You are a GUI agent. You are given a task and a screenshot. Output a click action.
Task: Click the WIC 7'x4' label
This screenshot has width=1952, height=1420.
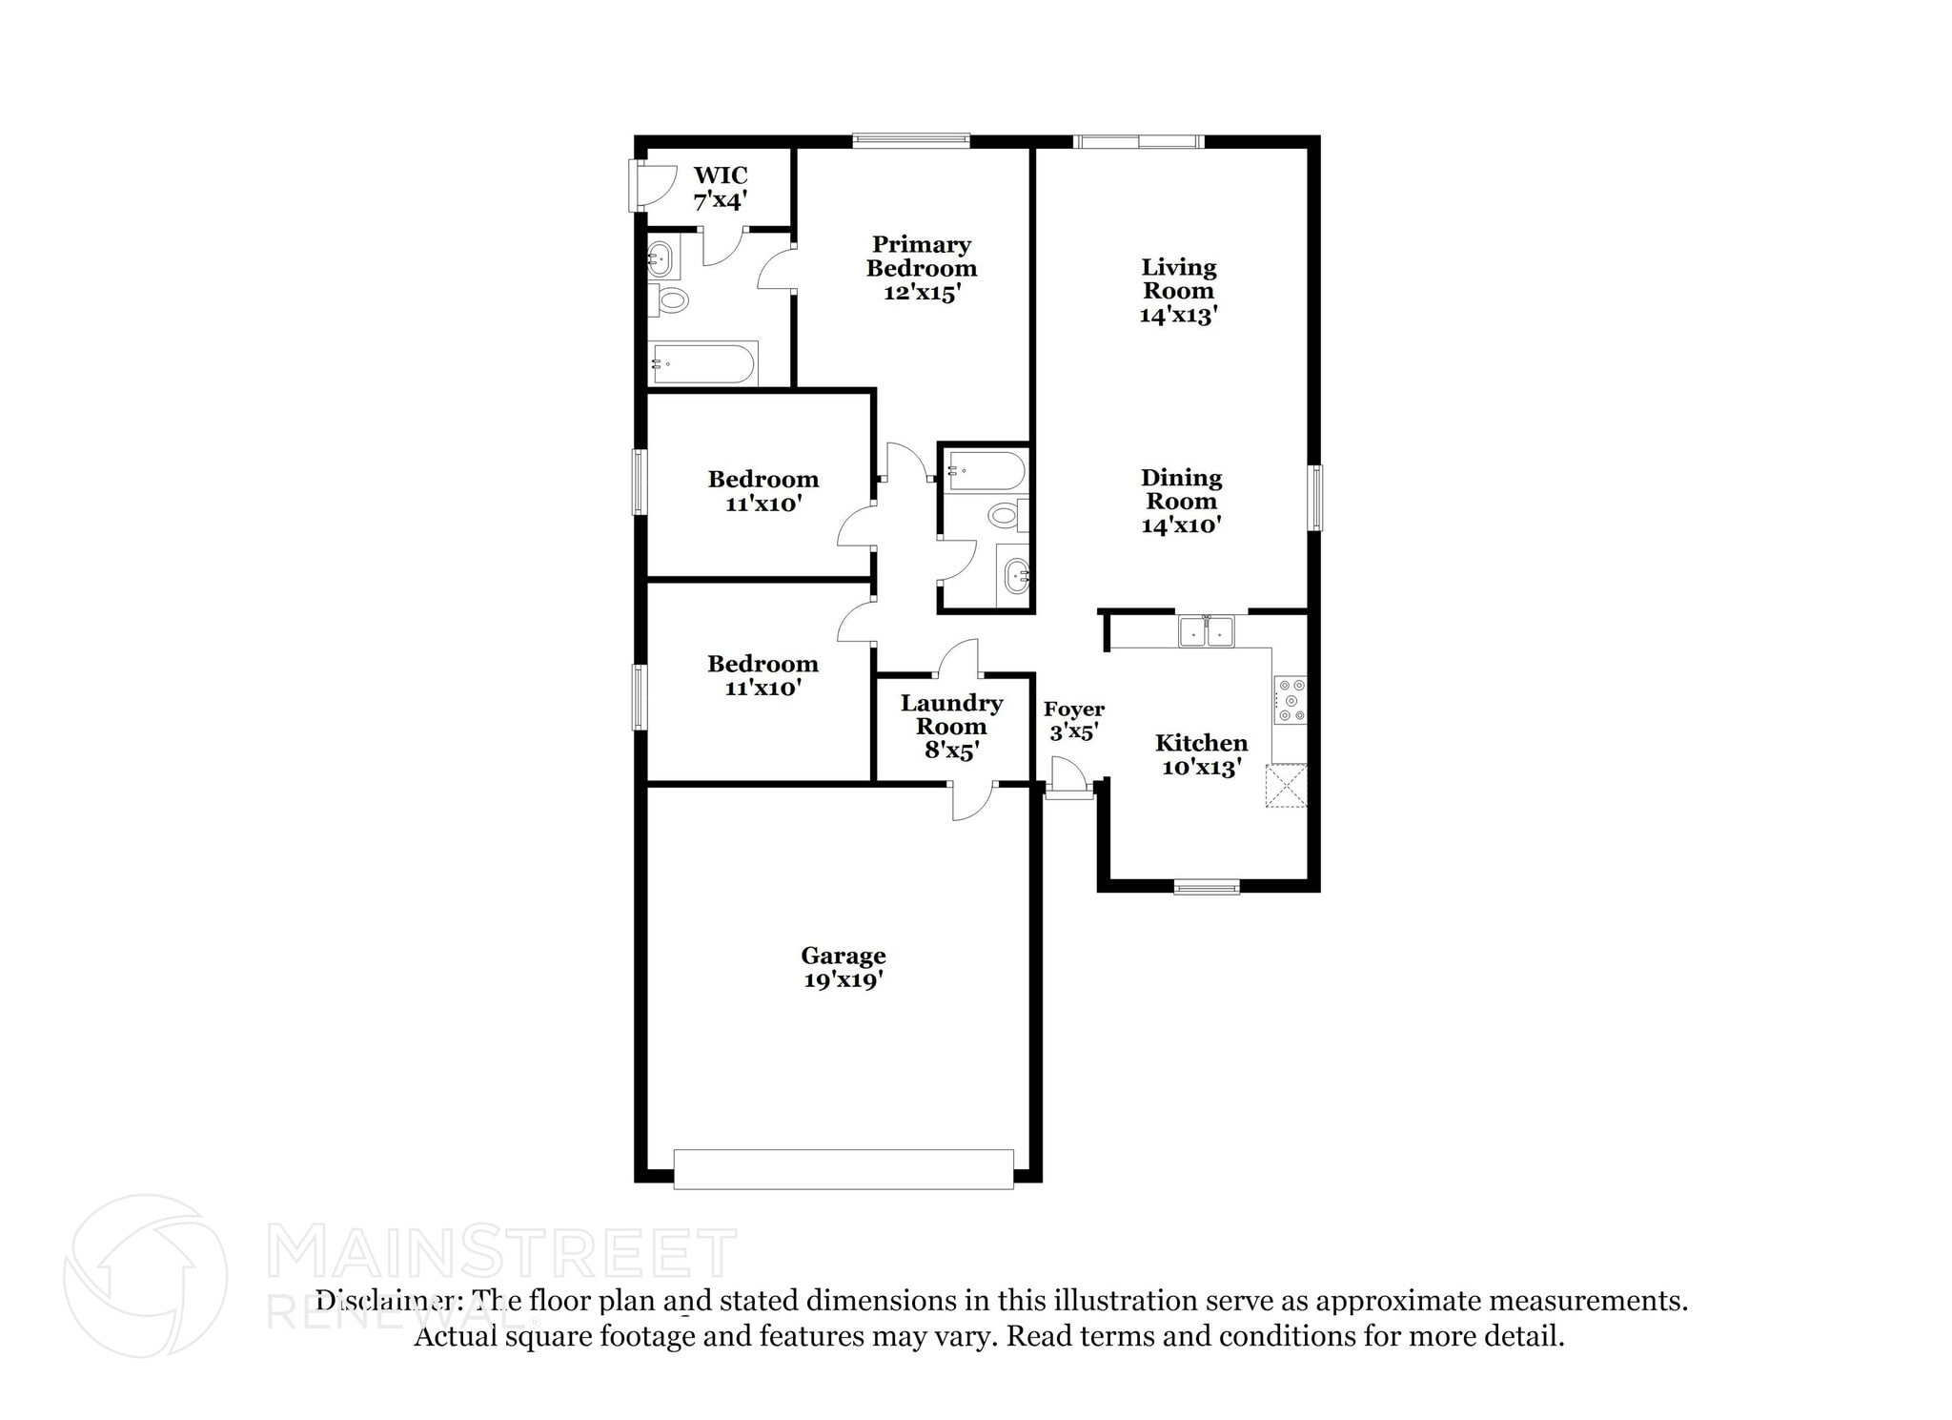(x=720, y=188)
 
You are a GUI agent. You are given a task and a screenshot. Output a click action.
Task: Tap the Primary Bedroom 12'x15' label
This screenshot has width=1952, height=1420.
(x=921, y=269)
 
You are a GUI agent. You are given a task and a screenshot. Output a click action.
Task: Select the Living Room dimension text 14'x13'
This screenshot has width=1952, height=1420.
(x=1179, y=316)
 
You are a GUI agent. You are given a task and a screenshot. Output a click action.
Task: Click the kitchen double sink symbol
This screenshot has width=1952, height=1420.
(x=1206, y=631)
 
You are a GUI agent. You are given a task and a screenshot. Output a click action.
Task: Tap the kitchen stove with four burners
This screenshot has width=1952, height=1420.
(x=1291, y=701)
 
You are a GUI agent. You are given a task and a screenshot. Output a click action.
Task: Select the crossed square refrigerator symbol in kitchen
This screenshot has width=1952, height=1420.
(x=1286, y=786)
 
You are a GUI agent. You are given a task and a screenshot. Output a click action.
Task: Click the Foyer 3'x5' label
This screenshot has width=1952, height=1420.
(x=1074, y=721)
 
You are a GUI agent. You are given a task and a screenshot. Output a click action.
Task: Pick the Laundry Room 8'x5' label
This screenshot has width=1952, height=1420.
(x=951, y=727)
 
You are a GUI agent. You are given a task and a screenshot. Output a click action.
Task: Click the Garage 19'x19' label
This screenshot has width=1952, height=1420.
(x=844, y=967)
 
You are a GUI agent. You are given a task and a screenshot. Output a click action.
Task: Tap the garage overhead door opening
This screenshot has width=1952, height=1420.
(x=844, y=1168)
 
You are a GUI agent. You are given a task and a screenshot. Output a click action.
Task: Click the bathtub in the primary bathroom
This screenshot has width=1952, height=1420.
(x=703, y=363)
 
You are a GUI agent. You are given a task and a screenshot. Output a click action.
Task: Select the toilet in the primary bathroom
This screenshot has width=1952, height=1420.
(x=669, y=300)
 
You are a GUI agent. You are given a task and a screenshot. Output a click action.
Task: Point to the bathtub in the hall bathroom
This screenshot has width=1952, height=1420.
(x=986, y=471)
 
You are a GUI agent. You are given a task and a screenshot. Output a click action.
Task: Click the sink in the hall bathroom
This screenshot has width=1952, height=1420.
(x=1014, y=576)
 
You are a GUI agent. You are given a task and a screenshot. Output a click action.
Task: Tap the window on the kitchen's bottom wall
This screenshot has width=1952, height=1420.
(x=1207, y=888)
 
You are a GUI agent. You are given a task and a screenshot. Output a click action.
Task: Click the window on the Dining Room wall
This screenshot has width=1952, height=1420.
(x=1314, y=497)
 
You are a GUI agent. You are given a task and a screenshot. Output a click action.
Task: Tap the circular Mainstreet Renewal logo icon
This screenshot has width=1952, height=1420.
(x=145, y=1276)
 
